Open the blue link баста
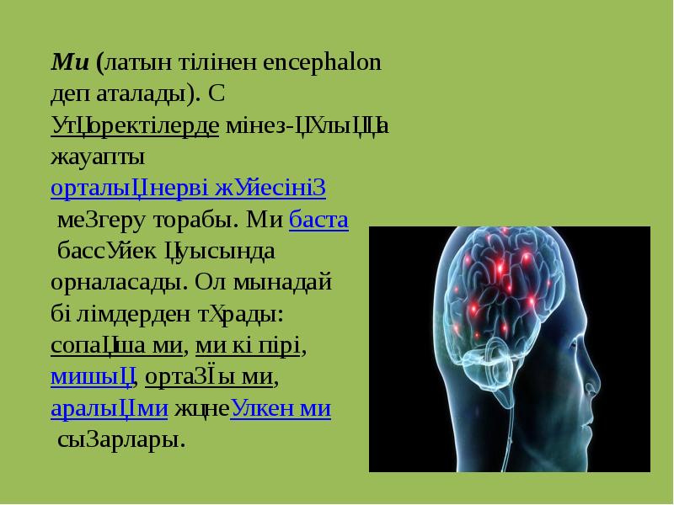click(x=318, y=220)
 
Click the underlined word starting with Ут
click(x=135, y=125)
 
